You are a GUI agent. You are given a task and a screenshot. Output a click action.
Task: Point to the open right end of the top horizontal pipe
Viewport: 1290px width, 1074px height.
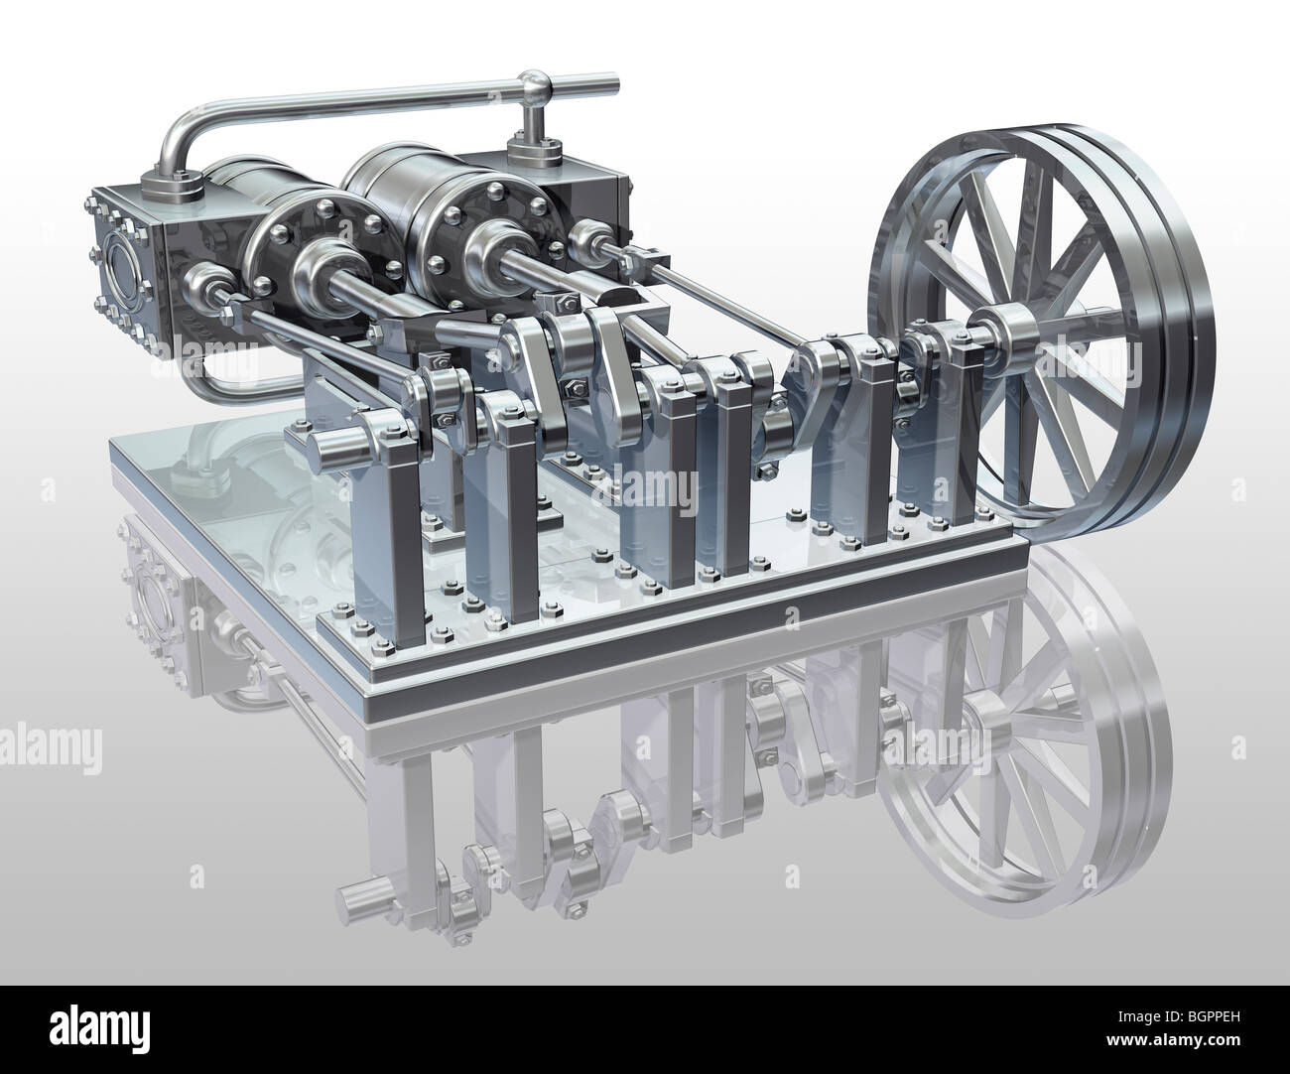[x=613, y=80]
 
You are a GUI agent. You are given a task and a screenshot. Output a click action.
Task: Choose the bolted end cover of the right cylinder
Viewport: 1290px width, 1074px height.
[x=470, y=229]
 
